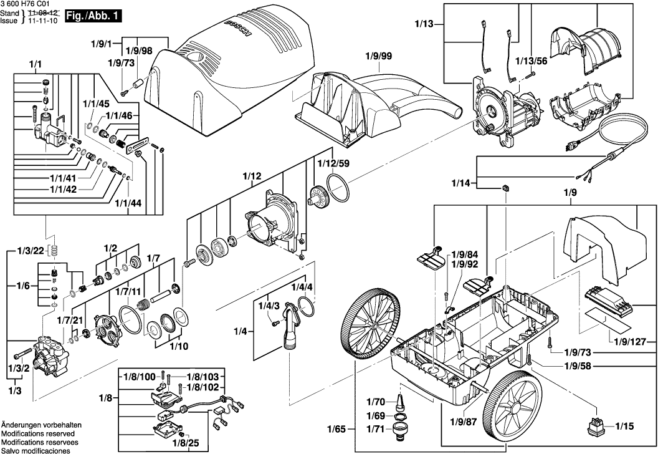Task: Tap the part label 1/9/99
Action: [x=379, y=56]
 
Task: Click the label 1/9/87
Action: [x=462, y=422]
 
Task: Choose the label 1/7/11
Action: [x=126, y=291]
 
